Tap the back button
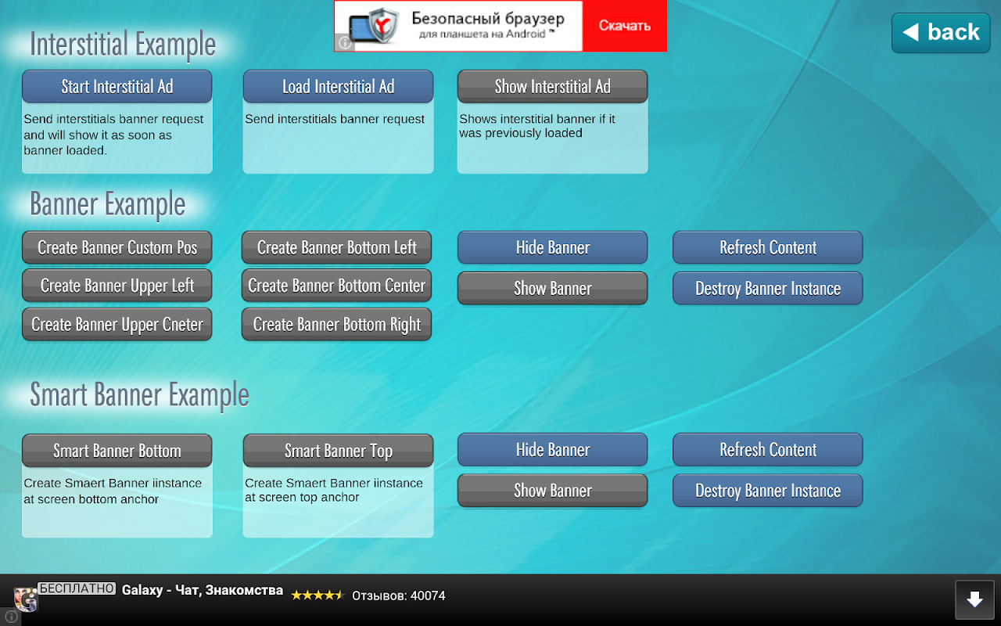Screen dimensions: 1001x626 (941, 33)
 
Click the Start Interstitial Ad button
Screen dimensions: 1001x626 (117, 86)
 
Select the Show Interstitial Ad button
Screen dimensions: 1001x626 (552, 86)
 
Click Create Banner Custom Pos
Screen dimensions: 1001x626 (117, 247)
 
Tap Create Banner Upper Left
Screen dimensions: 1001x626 (117, 286)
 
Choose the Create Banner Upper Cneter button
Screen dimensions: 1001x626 (117, 324)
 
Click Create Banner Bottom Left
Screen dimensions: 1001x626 (336, 247)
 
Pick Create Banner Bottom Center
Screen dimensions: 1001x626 (336, 286)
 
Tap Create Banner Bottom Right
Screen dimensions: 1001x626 (336, 324)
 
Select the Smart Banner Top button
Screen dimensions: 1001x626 (339, 451)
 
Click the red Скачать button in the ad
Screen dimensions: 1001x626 (624, 26)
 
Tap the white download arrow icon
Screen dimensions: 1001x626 (974, 599)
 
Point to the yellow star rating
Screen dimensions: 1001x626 (318, 595)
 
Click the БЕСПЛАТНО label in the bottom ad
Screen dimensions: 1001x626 (77, 588)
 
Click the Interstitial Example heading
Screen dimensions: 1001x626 (123, 45)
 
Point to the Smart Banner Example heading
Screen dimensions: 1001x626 (139, 395)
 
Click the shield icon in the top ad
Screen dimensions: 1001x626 (383, 26)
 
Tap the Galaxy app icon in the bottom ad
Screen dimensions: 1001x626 (26, 599)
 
